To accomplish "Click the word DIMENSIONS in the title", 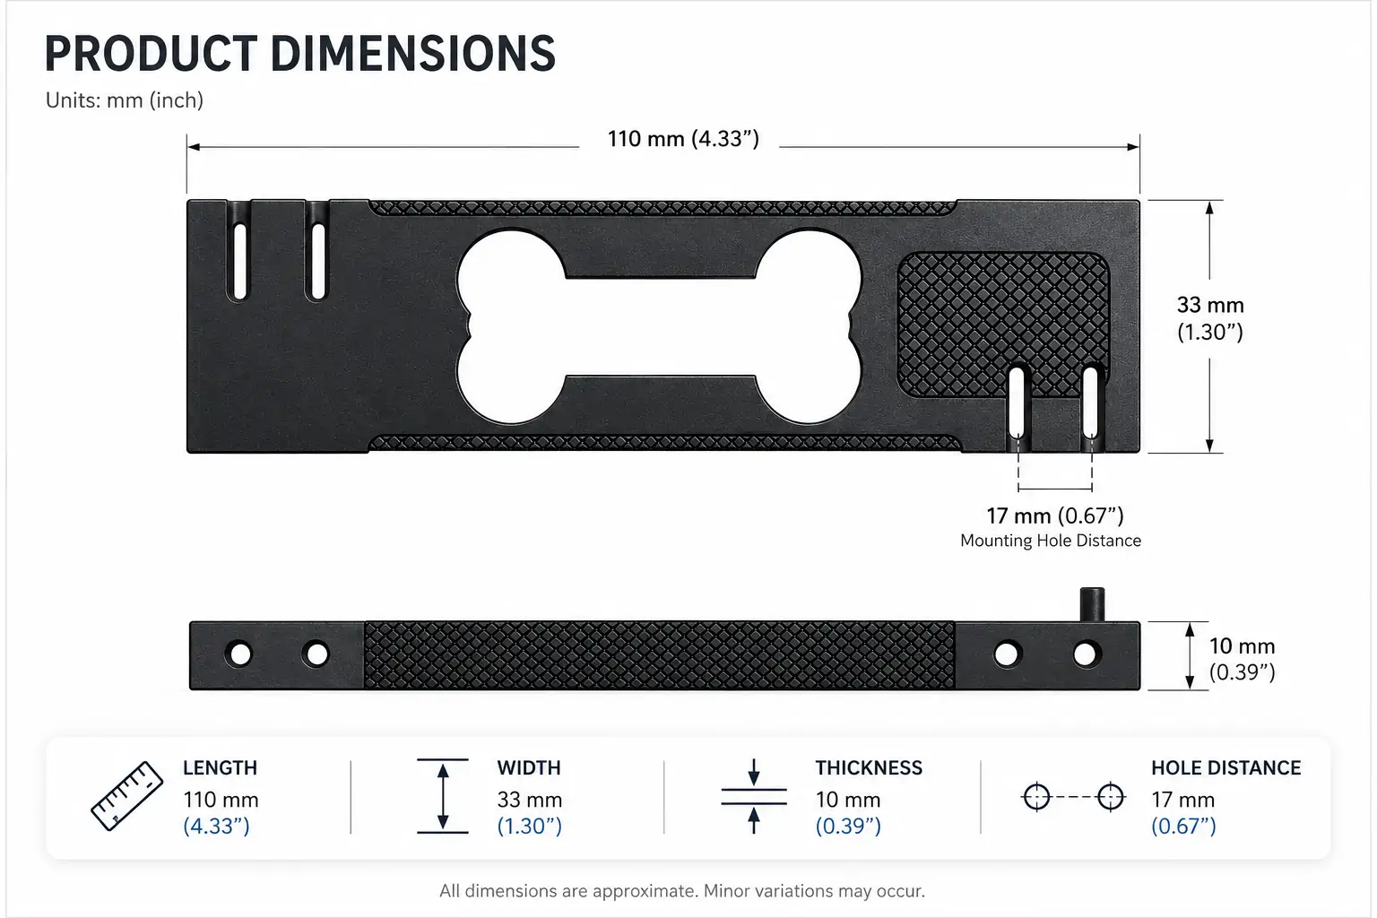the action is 412,54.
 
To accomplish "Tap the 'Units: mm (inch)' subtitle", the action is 125,100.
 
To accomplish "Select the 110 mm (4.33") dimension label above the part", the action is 684,139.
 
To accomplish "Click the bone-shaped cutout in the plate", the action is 660,326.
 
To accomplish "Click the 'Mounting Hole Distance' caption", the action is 1051,541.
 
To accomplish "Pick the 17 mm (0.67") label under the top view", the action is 1055,515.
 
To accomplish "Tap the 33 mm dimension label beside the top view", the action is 1209,318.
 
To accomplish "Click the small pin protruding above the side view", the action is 1093,604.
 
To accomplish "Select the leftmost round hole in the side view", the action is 239,654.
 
